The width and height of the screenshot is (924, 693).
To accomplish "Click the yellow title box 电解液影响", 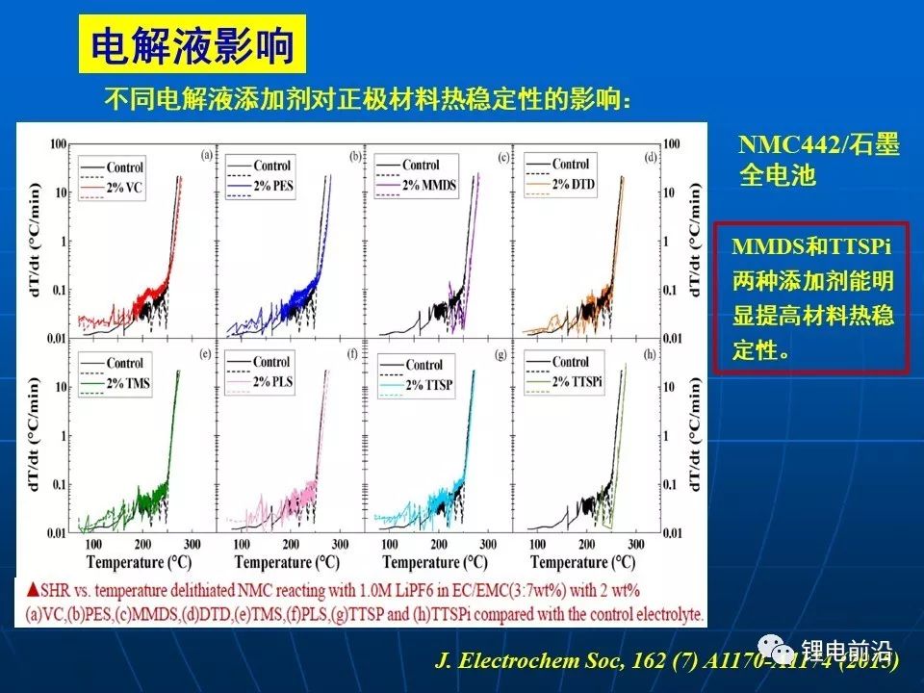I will [192, 44].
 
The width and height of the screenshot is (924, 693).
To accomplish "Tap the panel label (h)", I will [654, 352].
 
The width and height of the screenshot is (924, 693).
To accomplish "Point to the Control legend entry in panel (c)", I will [421, 165].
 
